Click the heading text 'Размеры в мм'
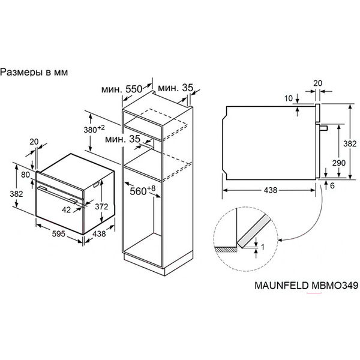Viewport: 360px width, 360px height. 35,72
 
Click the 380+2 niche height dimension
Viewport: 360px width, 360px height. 94,129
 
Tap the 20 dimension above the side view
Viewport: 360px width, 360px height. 318,84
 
